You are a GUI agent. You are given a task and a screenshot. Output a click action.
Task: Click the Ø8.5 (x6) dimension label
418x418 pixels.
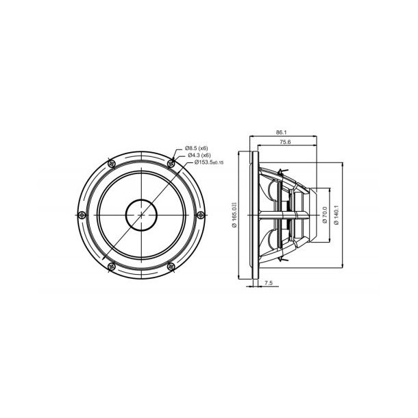tap(197, 148)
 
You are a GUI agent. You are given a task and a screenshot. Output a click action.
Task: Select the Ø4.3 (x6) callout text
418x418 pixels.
tap(197, 155)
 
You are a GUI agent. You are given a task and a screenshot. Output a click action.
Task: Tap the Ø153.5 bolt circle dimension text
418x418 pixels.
tap(201, 162)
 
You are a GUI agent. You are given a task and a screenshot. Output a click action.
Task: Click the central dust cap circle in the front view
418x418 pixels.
tap(141, 214)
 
